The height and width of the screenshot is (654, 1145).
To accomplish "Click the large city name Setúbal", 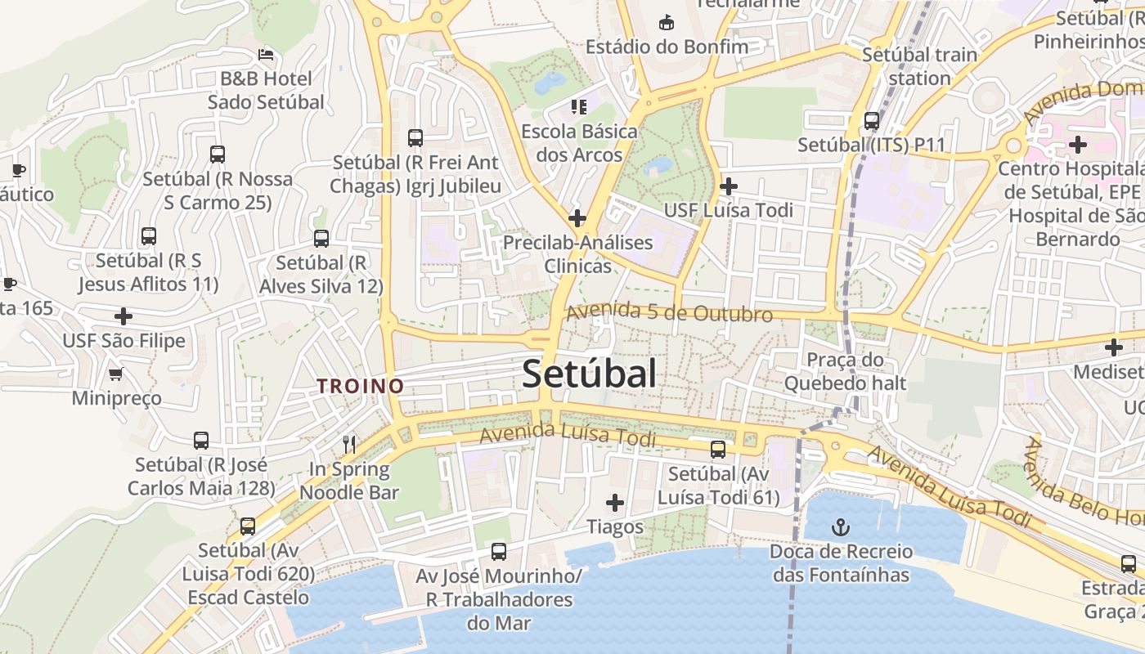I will [589, 374].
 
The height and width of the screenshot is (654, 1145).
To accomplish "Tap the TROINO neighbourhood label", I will [361, 386].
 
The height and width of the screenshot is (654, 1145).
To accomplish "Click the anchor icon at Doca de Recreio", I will [840, 526].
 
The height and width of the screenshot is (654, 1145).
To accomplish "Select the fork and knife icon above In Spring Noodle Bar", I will [349, 444].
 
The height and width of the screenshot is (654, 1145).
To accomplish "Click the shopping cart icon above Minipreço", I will [115, 374].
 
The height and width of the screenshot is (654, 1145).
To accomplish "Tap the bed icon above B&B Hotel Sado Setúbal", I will [266, 55].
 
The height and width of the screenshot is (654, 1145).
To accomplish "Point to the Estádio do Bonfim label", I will [667, 47].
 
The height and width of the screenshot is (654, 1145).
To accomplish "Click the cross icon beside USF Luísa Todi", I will [728, 187].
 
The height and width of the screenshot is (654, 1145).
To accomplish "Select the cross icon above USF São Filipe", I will [123, 316].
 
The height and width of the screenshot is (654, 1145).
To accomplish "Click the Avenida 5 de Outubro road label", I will [669, 312].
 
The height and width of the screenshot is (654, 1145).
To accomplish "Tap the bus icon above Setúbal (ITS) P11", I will [872, 121].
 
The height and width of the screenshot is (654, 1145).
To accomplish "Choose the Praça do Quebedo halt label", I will [845, 371].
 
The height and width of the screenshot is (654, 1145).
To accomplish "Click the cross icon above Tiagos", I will [615, 503].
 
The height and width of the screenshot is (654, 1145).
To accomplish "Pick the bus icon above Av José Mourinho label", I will [499, 551].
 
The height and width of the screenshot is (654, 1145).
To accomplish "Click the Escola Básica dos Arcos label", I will [579, 142].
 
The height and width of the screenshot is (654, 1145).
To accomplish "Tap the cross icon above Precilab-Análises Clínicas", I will [577, 218].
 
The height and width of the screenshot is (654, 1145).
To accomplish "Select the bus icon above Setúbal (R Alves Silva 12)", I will [321, 239].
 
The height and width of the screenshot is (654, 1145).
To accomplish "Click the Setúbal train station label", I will [920, 66].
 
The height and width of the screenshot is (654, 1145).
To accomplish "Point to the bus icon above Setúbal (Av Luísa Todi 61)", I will [718, 449].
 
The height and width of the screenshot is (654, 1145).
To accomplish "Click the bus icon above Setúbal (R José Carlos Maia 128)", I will [201, 441].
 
